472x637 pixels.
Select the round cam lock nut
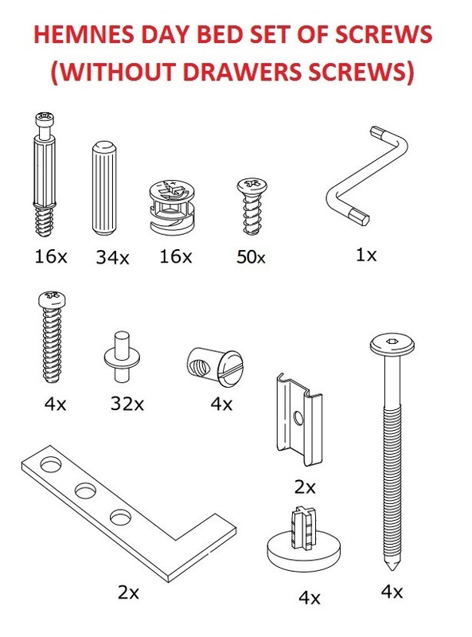coord(172,209)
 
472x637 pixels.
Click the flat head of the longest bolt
coord(392,344)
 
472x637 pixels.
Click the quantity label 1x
coord(366,256)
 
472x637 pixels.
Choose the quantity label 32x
coord(127,404)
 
